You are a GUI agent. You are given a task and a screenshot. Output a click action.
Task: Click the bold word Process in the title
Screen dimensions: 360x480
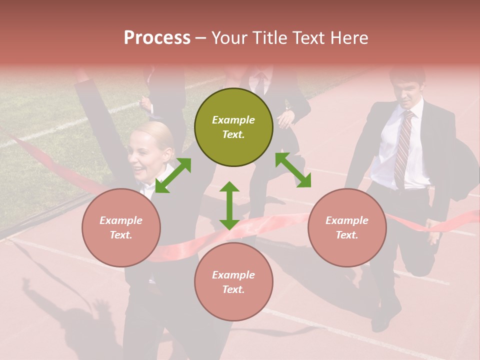pos(157,38)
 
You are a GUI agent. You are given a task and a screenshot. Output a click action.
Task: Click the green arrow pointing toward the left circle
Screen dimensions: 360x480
pos(173,175)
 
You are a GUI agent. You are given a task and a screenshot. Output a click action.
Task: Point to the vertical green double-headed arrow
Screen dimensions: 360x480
pos(229,205)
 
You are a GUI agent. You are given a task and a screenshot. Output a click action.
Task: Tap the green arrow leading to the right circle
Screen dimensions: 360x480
pos(293,170)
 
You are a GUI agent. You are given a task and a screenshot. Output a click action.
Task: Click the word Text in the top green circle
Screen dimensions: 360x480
pos(233,134)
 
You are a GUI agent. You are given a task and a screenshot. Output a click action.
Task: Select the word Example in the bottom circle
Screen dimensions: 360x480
pos(233,275)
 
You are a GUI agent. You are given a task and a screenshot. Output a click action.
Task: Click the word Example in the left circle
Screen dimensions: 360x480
pos(121,220)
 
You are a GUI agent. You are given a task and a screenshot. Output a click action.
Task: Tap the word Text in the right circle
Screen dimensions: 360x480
pos(346,235)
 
